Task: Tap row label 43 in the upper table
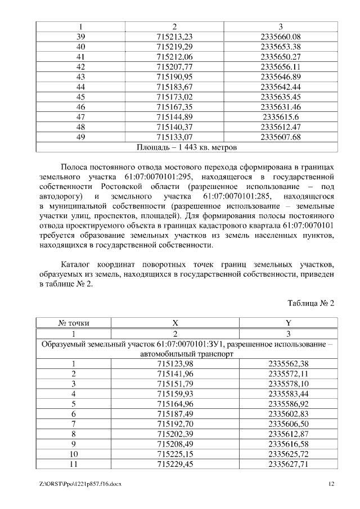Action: click(x=80, y=76)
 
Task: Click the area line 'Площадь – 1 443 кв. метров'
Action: click(x=187, y=147)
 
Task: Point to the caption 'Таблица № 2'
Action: click(x=310, y=303)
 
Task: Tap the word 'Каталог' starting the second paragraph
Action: click(x=76, y=264)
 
